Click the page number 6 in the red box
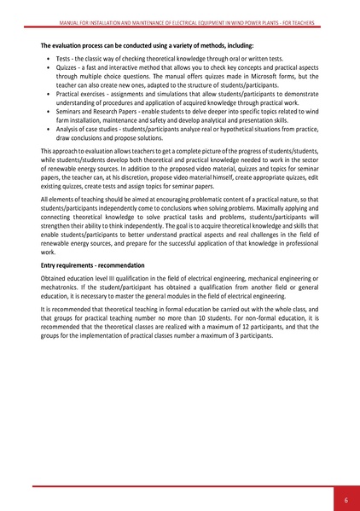pyautogui.click(x=346, y=498)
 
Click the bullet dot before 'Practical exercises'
pyautogui.click(x=47, y=105)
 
